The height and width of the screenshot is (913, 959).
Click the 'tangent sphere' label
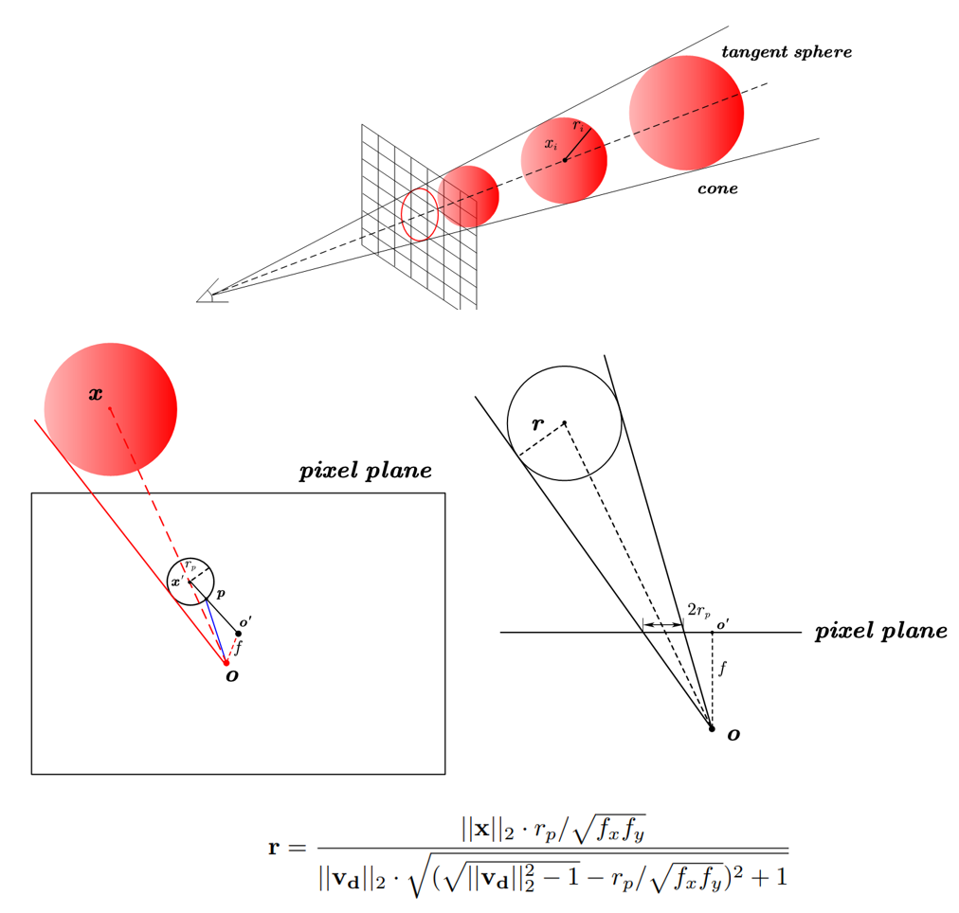pos(787,52)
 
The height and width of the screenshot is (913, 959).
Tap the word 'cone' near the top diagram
pos(717,188)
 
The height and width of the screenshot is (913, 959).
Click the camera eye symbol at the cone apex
pos(211,292)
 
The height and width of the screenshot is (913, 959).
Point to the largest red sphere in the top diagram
pos(686,113)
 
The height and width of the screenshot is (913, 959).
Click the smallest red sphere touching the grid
pos(468,197)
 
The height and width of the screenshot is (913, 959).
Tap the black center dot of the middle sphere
pos(565,160)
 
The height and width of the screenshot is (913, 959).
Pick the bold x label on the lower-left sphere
pos(96,394)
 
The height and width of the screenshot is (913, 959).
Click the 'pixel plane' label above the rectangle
pos(365,471)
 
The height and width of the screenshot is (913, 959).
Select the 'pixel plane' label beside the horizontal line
pos(880,631)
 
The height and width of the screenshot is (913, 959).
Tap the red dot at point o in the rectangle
pos(226,663)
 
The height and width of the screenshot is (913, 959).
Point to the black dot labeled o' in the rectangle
pos(239,633)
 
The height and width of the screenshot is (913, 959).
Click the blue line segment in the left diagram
pos(215,630)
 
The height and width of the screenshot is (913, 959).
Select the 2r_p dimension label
pos(699,610)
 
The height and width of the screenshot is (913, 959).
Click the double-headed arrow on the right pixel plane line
pos(663,624)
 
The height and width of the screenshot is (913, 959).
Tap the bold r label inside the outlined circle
pos(537,423)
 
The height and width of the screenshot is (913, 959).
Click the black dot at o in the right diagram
pos(712,728)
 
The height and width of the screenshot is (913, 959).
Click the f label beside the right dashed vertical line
pos(723,668)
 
